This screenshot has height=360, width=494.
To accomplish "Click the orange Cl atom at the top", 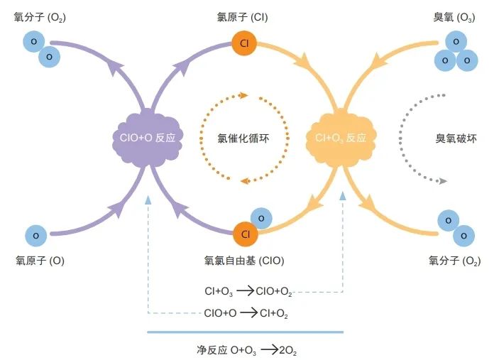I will (x=244, y=43).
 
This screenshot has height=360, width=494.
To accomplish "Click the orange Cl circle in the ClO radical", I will (x=244, y=234).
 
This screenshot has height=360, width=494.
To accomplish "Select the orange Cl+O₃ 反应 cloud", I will (x=341, y=137).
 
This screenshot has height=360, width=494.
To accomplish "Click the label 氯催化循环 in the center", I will (x=243, y=137).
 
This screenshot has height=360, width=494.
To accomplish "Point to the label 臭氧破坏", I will (x=456, y=138).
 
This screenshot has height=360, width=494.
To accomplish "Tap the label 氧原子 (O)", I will (x=40, y=261).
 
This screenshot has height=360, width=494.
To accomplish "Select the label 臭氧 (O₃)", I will (x=454, y=16).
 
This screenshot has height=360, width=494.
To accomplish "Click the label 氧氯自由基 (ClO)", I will (x=243, y=261).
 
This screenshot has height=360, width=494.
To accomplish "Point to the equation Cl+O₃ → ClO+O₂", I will (x=248, y=291).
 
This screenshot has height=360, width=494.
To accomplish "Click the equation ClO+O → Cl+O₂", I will (x=246, y=312).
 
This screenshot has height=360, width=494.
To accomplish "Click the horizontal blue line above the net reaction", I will (x=245, y=331).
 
